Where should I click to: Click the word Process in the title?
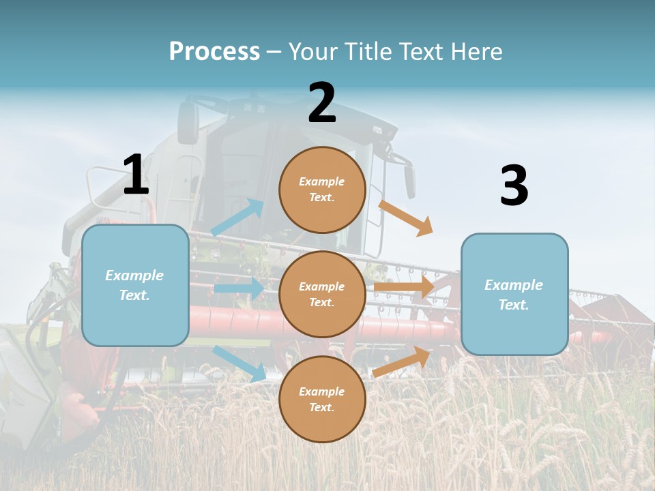214,52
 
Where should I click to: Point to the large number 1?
136,175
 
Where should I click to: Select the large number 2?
322,103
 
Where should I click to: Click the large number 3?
514,185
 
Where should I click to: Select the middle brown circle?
322,295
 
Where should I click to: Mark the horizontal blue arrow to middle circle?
239,288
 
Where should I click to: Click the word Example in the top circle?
322,182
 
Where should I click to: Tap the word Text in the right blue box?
514,305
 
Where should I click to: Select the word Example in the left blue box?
134,276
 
